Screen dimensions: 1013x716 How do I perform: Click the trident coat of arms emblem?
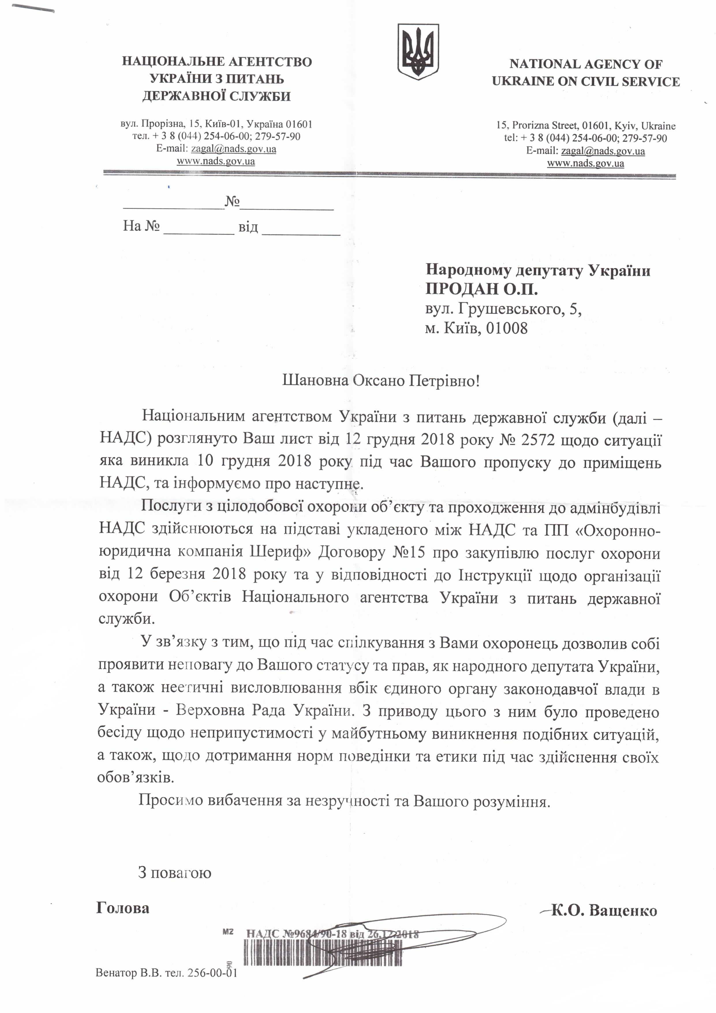(x=418, y=52)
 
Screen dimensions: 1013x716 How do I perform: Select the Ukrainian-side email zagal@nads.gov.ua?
(x=233, y=149)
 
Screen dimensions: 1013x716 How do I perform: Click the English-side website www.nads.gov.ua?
(x=586, y=164)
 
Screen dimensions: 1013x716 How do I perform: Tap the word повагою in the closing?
(x=181, y=873)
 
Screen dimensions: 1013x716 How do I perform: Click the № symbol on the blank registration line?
(x=232, y=202)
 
